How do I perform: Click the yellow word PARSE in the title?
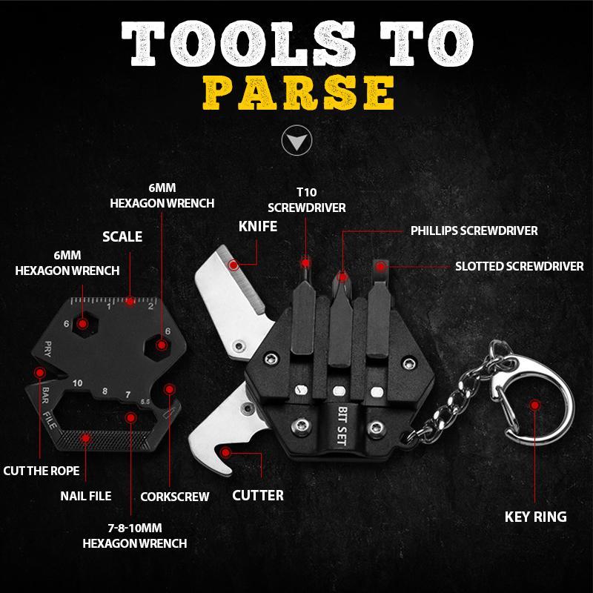pyautogui.click(x=296, y=92)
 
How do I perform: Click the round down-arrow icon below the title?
pyautogui.click(x=296, y=141)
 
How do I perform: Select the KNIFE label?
pyautogui.click(x=257, y=226)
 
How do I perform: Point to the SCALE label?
pyautogui.click(x=122, y=237)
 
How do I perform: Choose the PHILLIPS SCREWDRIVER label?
pyautogui.click(x=474, y=231)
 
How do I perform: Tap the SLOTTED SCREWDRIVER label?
pyautogui.click(x=519, y=265)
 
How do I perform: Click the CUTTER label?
pyautogui.click(x=258, y=494)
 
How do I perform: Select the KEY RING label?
pyautogui.click(x=535, y=517)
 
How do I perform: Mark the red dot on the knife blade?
pyautogui.click(x=233, y=263)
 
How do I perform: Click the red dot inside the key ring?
pyautogui.click(x=533, y=405)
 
